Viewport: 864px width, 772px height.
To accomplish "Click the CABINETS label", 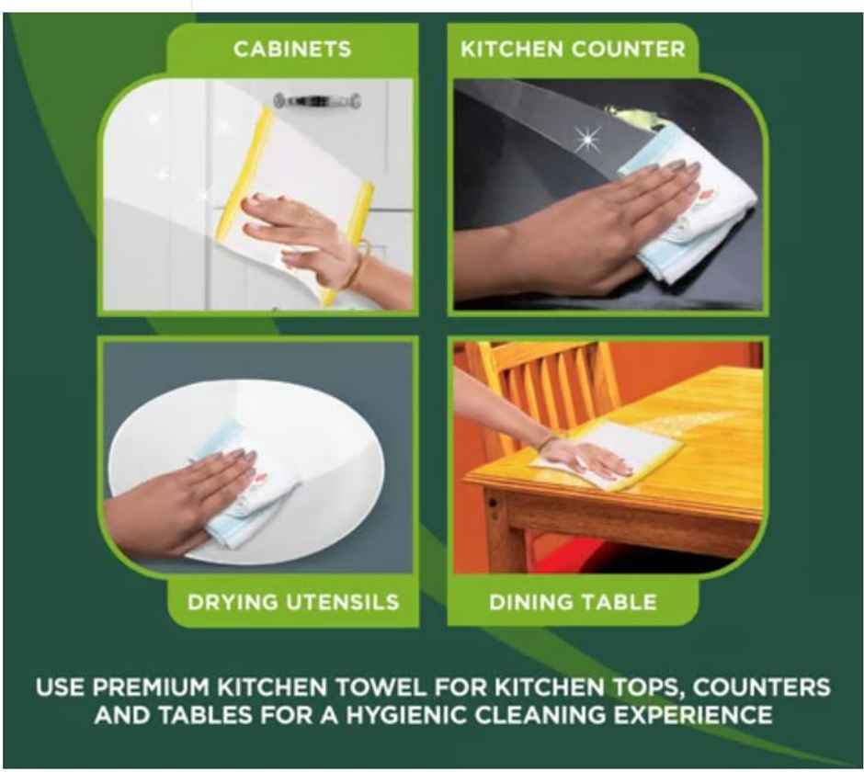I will [291, 49].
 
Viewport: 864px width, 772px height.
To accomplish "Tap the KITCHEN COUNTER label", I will [573, 49].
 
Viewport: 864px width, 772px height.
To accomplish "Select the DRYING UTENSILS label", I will [293, 603].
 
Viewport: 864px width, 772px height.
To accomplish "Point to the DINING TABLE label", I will [573, 603].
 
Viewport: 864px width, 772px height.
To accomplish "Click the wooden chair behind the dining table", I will [542, 386].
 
